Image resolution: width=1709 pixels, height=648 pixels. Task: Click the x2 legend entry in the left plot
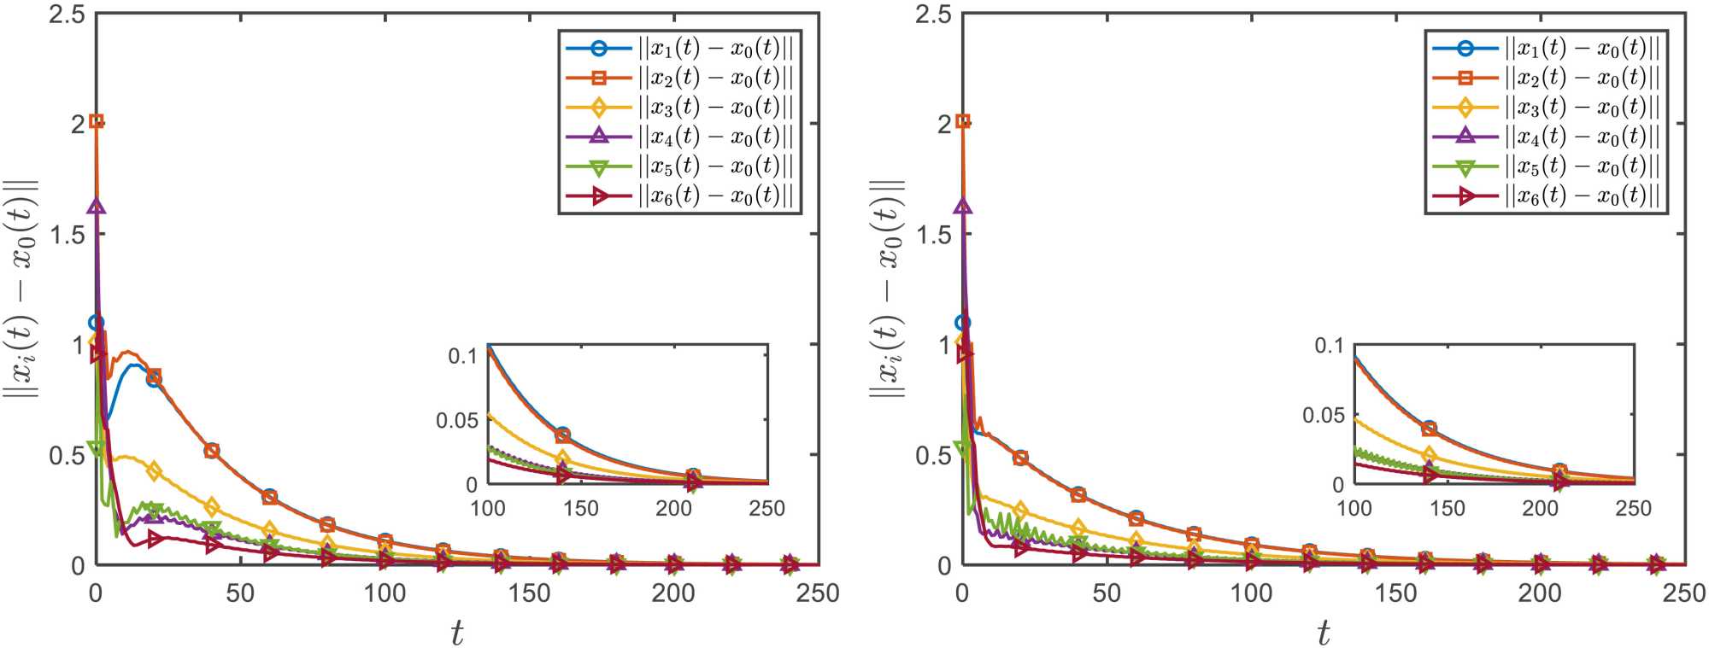tap(679, 78)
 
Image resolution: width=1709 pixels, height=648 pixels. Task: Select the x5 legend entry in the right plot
tap(1546, 166)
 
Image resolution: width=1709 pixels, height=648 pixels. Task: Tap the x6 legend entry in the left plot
tap(679, 196)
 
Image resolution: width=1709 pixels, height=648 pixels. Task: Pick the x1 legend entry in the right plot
tap(1546, 49)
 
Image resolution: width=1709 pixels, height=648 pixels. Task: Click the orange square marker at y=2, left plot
tap(97, 121)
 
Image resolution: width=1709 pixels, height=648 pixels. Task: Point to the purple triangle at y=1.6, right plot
tap(963, 207)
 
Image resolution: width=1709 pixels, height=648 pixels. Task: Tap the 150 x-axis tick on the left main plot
tap(529, 593)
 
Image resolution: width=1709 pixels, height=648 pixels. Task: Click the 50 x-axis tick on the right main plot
tap(1107, 593)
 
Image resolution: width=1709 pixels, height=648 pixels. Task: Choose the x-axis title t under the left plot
tap(457, 633)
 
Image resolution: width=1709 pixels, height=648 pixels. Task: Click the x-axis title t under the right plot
tap(1324, 633)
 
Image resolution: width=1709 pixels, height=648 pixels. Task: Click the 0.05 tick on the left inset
tap(456, 420)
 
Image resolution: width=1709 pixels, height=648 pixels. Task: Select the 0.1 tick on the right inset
tap(1329, 346)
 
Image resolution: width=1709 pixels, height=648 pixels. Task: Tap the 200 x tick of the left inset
tap(673, 509)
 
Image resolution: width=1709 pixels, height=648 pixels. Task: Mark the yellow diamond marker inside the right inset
tap(1429, 455)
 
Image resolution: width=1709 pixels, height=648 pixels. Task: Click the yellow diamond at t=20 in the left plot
tap(154, 470)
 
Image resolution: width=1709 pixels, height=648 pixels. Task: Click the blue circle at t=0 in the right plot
tap(963, 323)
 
